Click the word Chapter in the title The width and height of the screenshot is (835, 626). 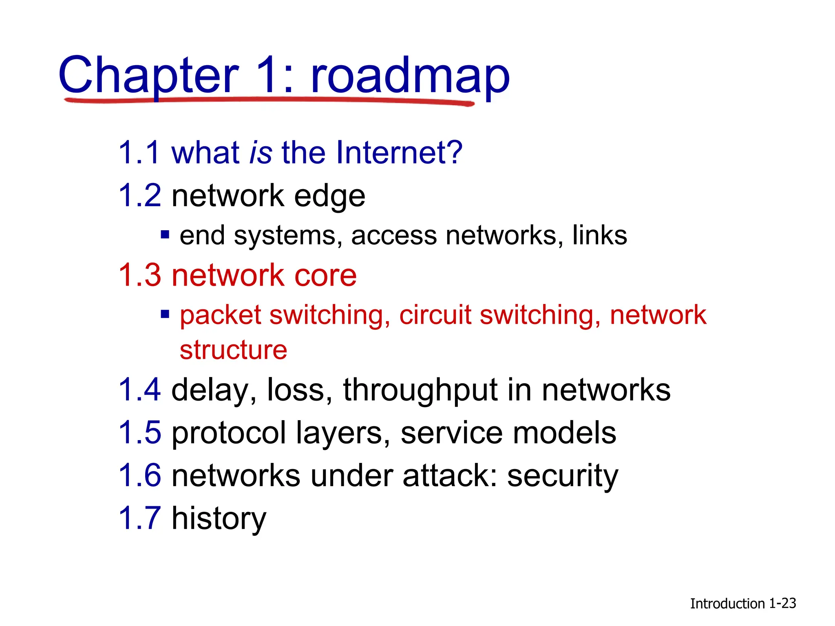click(148, 76)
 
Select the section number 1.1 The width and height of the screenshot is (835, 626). click(139, 152)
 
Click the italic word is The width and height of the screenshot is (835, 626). click(261, 152)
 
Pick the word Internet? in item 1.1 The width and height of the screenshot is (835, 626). click(399, 152)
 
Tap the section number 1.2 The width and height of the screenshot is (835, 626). click(140, 196)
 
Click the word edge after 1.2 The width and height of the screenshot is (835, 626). click(329, 196)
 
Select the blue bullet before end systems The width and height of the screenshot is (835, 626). click(165, 235)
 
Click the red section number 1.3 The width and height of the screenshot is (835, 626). click(140, 275)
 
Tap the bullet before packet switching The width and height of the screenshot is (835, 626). click(165, 314)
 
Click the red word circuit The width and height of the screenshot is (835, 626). click(435, 315)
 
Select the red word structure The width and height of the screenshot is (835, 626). click(234, 350)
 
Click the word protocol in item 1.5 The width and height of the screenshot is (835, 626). click(229, 433)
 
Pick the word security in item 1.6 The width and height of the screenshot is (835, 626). click(563, 476)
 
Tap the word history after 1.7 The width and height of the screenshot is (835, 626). click(219, 518)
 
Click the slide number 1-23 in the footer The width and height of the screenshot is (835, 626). click(782, 603)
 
